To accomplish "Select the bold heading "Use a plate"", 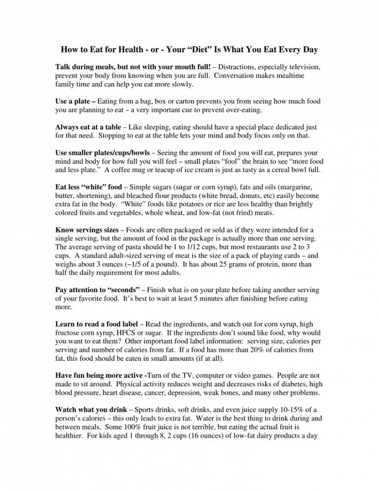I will pos(74,102).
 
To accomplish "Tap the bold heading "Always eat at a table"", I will pos(90,127).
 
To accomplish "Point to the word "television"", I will pos(300,67).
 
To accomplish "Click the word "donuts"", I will pos(253,196).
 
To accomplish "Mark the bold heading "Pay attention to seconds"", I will pos(98,290).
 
